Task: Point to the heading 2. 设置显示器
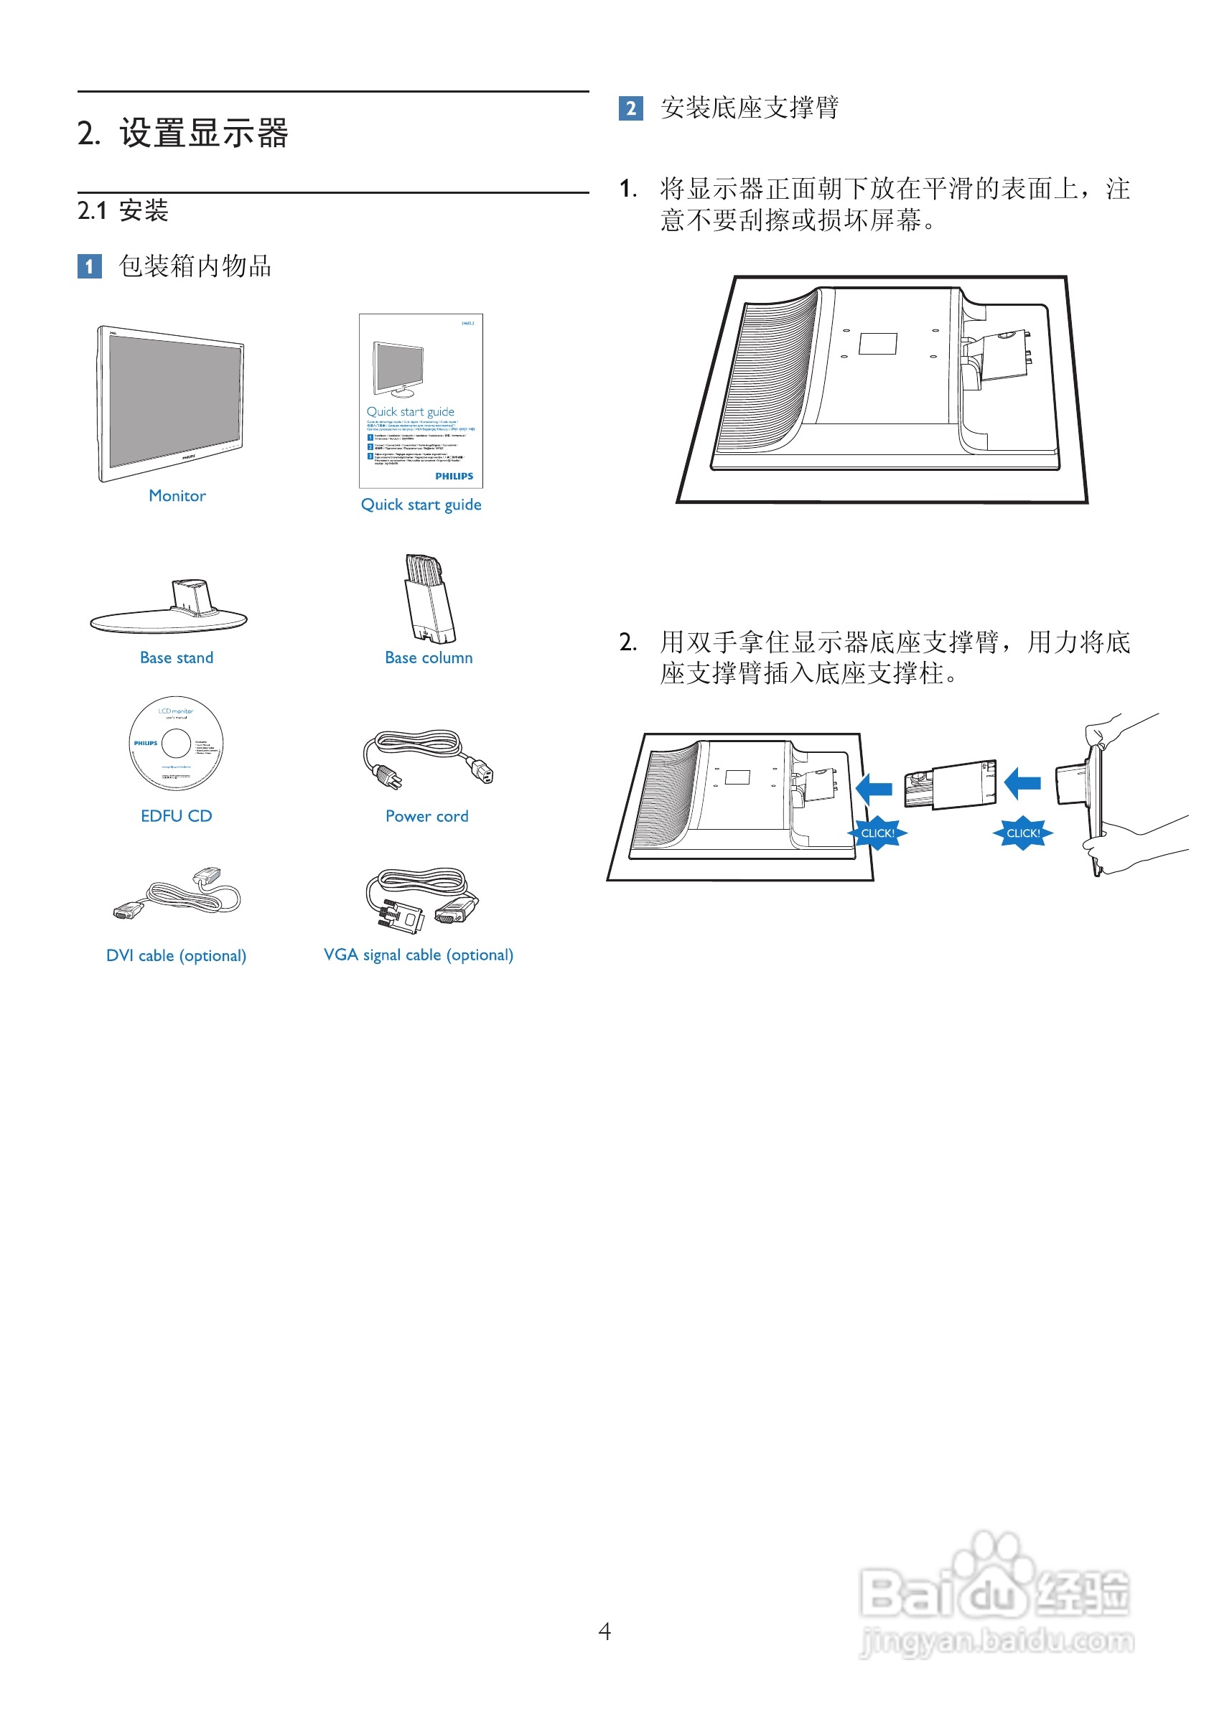click(183, 134)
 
